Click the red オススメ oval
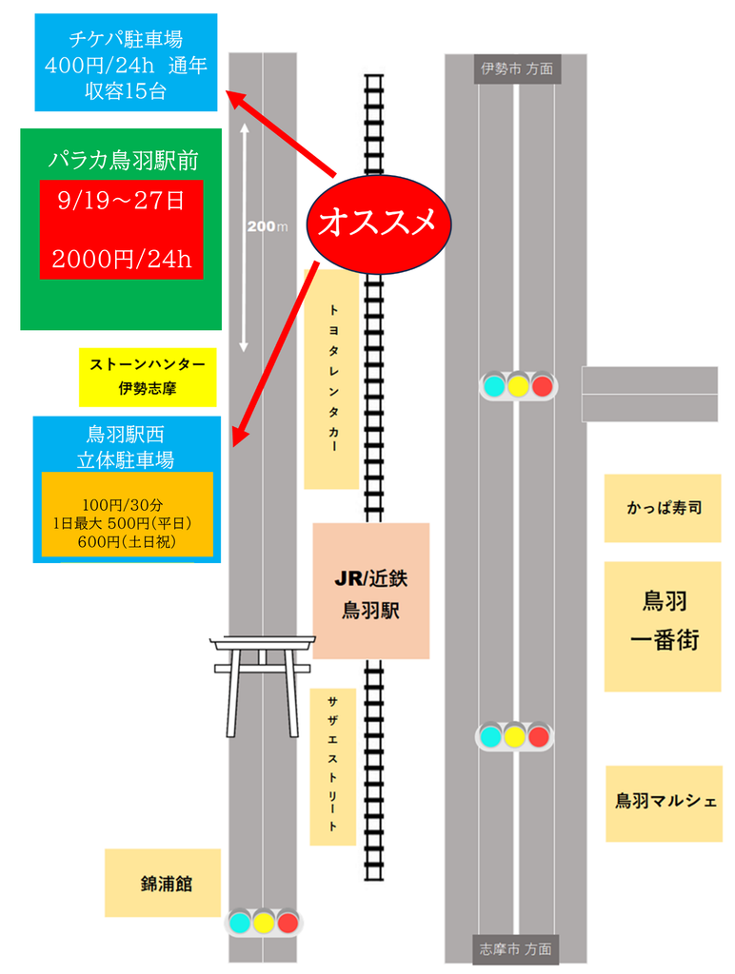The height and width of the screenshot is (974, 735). point(379,224)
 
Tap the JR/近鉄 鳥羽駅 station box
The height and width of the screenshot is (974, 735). point(370,591)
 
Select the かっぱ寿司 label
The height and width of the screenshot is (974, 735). point(663,508)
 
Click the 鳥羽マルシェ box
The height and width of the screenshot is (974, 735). point(665,804)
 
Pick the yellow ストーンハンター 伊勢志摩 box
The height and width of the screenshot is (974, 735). point(148,378)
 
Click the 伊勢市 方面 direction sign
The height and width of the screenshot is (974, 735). point(517,68)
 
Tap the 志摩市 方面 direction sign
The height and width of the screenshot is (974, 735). point(515,949)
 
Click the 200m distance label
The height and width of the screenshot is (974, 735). point(268,226)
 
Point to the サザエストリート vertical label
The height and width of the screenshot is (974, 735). point(332,767)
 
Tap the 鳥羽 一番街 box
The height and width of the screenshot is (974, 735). point(663,627)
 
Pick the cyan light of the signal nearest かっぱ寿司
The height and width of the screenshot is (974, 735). point(494,386)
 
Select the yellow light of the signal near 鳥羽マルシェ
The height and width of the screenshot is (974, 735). point(515,737)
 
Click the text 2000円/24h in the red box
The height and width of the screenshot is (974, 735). point(122,259)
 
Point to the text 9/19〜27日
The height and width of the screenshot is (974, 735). point(121,200)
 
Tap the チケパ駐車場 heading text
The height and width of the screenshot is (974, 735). point(126,39)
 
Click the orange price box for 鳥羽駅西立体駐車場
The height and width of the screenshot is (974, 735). point(128,515)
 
